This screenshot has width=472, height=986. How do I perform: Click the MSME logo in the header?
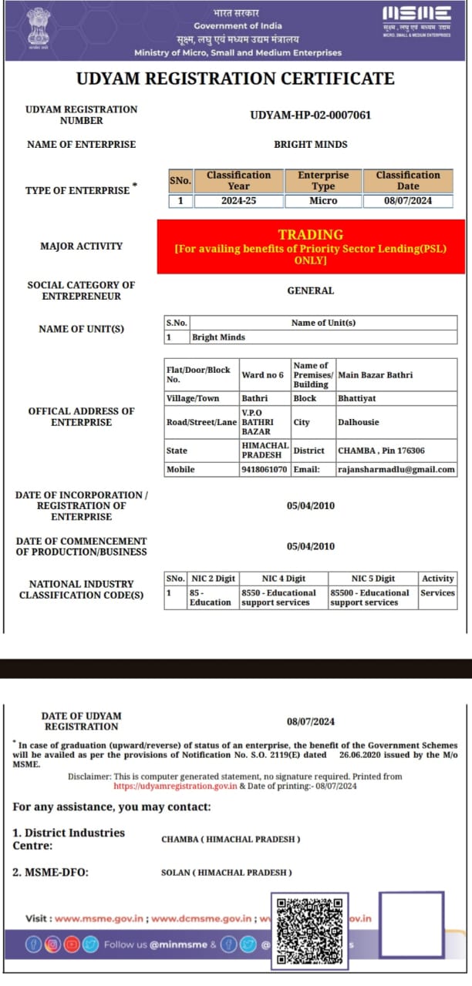tap(416, 16)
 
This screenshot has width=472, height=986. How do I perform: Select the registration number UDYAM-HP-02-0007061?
tap(311, 116)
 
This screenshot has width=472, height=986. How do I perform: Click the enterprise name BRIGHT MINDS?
tap(311, 145)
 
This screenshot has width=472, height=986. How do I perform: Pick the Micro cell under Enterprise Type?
tap(323, 201)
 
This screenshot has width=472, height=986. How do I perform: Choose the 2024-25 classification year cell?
tap(238, 201)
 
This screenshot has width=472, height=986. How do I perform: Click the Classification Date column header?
tap(408, 181)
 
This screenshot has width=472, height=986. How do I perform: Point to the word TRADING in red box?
tap(311, 235)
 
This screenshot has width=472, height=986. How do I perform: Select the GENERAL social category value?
tap(311, 291)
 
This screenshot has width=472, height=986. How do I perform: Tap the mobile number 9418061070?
tap(265, 470)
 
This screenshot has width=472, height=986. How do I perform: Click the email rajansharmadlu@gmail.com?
tap(396, 470)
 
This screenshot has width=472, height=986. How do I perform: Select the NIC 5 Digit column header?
tap(373, 579)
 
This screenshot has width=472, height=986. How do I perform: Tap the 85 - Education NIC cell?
tap(210, 598)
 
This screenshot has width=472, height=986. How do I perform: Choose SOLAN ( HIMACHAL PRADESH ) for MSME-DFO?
tap(227, 873)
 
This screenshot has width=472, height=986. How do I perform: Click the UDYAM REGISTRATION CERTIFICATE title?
tap(235, 79)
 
